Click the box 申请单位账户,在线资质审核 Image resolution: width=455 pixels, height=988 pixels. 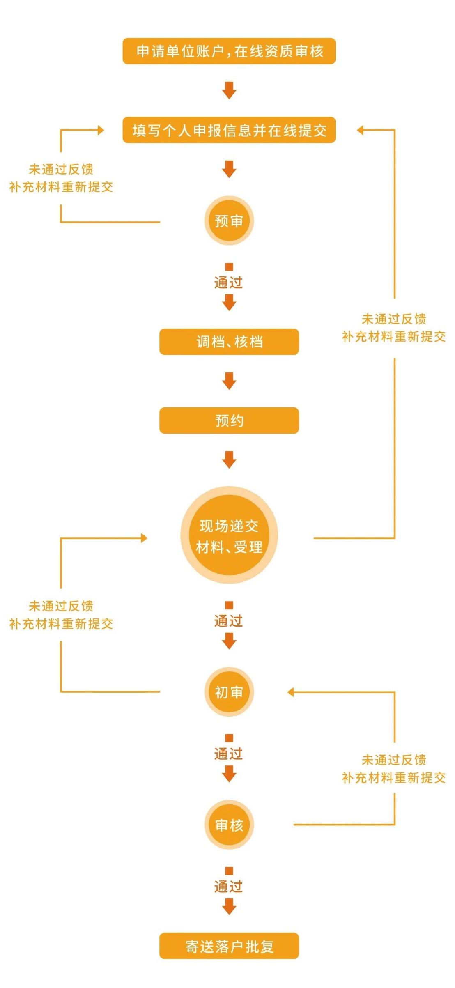[x=229, y=51]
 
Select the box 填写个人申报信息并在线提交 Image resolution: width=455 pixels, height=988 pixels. [x=229, y=130]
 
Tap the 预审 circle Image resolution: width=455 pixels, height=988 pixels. [x=229, y=221]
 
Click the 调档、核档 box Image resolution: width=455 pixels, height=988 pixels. [x=229, y=342]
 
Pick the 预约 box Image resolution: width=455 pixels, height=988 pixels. [x=229, y=420]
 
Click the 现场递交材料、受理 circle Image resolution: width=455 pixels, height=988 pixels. [x=229, y=535]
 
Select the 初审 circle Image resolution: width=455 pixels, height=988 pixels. [x=229, y=692]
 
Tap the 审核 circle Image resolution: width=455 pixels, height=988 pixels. [x=229, y=825]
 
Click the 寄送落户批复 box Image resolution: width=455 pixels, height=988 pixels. [x=229, y=946]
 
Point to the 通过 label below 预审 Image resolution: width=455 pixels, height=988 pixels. [x=229, y=283]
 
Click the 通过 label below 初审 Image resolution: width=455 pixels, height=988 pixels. [x=229, y=754]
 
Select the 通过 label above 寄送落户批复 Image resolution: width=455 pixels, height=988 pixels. [x=229, y=887]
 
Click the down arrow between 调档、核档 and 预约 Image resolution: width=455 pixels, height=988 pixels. [x=229, y=381]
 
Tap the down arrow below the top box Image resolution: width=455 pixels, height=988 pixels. [x=229, y=90]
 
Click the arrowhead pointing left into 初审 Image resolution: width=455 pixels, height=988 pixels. [x=291, y=692]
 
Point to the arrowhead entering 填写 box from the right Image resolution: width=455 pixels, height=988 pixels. [x=360, y=130]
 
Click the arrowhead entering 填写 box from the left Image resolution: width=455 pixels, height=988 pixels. [x=101, y=130]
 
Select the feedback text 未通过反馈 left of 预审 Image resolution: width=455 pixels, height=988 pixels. [x=61, y=169]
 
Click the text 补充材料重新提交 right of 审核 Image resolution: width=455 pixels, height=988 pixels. [x=393, y=777]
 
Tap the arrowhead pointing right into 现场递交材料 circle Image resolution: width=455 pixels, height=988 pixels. [x=144, y=538]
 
